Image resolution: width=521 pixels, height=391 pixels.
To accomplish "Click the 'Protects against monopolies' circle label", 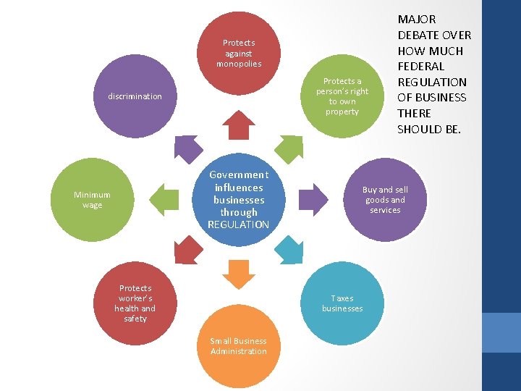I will pyautogui.click(x=238, y=54).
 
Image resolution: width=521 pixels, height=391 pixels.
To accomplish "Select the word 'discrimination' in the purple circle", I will pyautogui.click(x=135, y=96).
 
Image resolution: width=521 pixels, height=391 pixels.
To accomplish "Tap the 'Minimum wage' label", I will pyautogui.click(x=92, y=200).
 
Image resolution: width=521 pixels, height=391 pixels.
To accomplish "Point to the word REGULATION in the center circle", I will pyautogui.click(x=238, y=225).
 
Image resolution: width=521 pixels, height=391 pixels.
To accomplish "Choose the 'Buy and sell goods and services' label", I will pyautogui.click(x=385, y=200).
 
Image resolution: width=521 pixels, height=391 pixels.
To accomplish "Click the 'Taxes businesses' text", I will pyautogui.click(x=342, y=303).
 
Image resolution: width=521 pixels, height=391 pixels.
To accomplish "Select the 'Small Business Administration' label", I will pyautogui.click(x=238, y=346).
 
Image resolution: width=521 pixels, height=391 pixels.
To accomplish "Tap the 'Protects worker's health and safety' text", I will pyautogui.click(x=135, y=303).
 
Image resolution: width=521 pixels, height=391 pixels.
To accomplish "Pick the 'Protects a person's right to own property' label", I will pyautogui.click(x=342, y=96).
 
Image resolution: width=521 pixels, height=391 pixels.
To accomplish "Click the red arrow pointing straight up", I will pyautogui.click(x=238, y=125).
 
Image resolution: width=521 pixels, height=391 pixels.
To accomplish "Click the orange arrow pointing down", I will pyautogui.click(x=238, y=274).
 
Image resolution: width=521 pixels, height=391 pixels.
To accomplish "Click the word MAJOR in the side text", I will pyautogui.click(x=416, y=20).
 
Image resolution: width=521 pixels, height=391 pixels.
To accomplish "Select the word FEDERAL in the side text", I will pyautogui.click(x=420, y=67).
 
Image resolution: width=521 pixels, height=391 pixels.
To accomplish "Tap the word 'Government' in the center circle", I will pyautogui.click(x=238, y=175).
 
